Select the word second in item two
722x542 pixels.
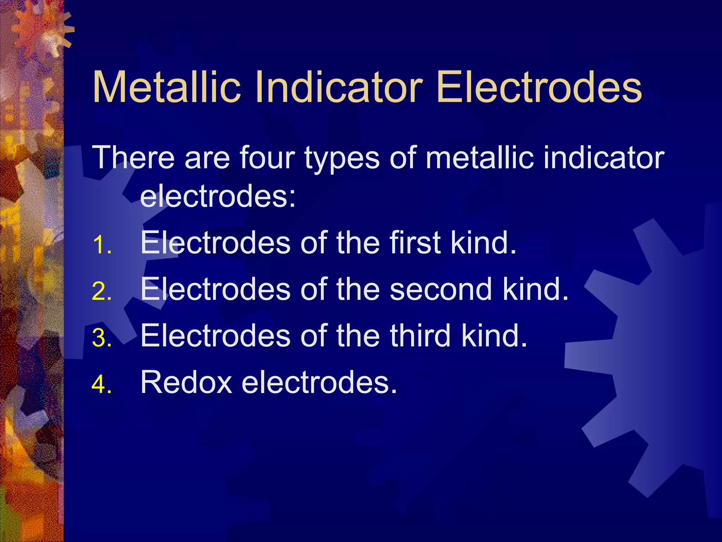point(441,289)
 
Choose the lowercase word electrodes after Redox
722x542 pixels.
point(319,382)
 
